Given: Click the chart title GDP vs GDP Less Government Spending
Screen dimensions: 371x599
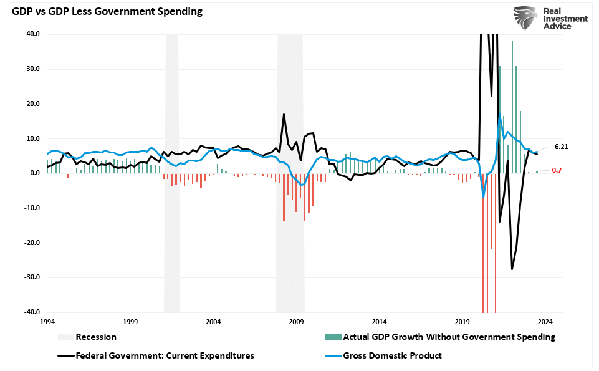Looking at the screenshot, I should point(103,12).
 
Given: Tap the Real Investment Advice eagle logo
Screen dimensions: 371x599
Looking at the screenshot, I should point(524,18).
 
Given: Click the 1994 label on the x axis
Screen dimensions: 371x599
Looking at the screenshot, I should point(47,322).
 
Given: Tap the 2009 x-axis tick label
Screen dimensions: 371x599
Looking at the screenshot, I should point(296,322).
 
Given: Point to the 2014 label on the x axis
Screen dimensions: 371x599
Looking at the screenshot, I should point(379,322).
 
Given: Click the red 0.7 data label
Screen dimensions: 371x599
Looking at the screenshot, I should point(557,170).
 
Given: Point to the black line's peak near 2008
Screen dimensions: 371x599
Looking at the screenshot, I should point(284,115).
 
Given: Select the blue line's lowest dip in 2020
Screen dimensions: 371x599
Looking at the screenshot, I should point(483,198).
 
